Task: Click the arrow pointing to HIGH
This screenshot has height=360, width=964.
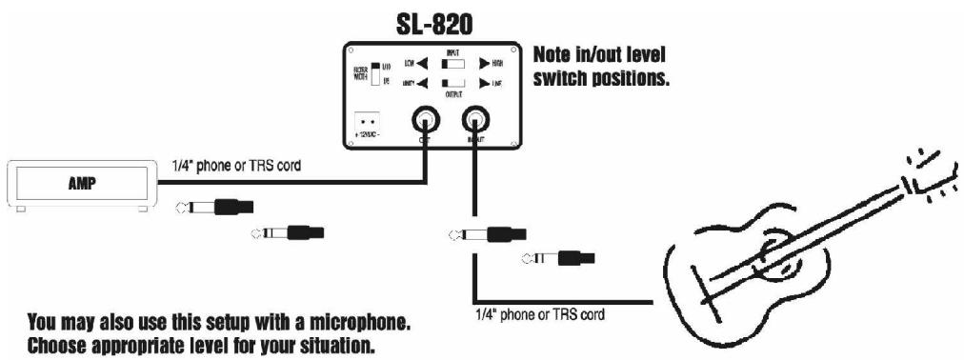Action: (486, 65)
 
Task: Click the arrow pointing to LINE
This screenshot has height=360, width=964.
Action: (486, 86)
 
